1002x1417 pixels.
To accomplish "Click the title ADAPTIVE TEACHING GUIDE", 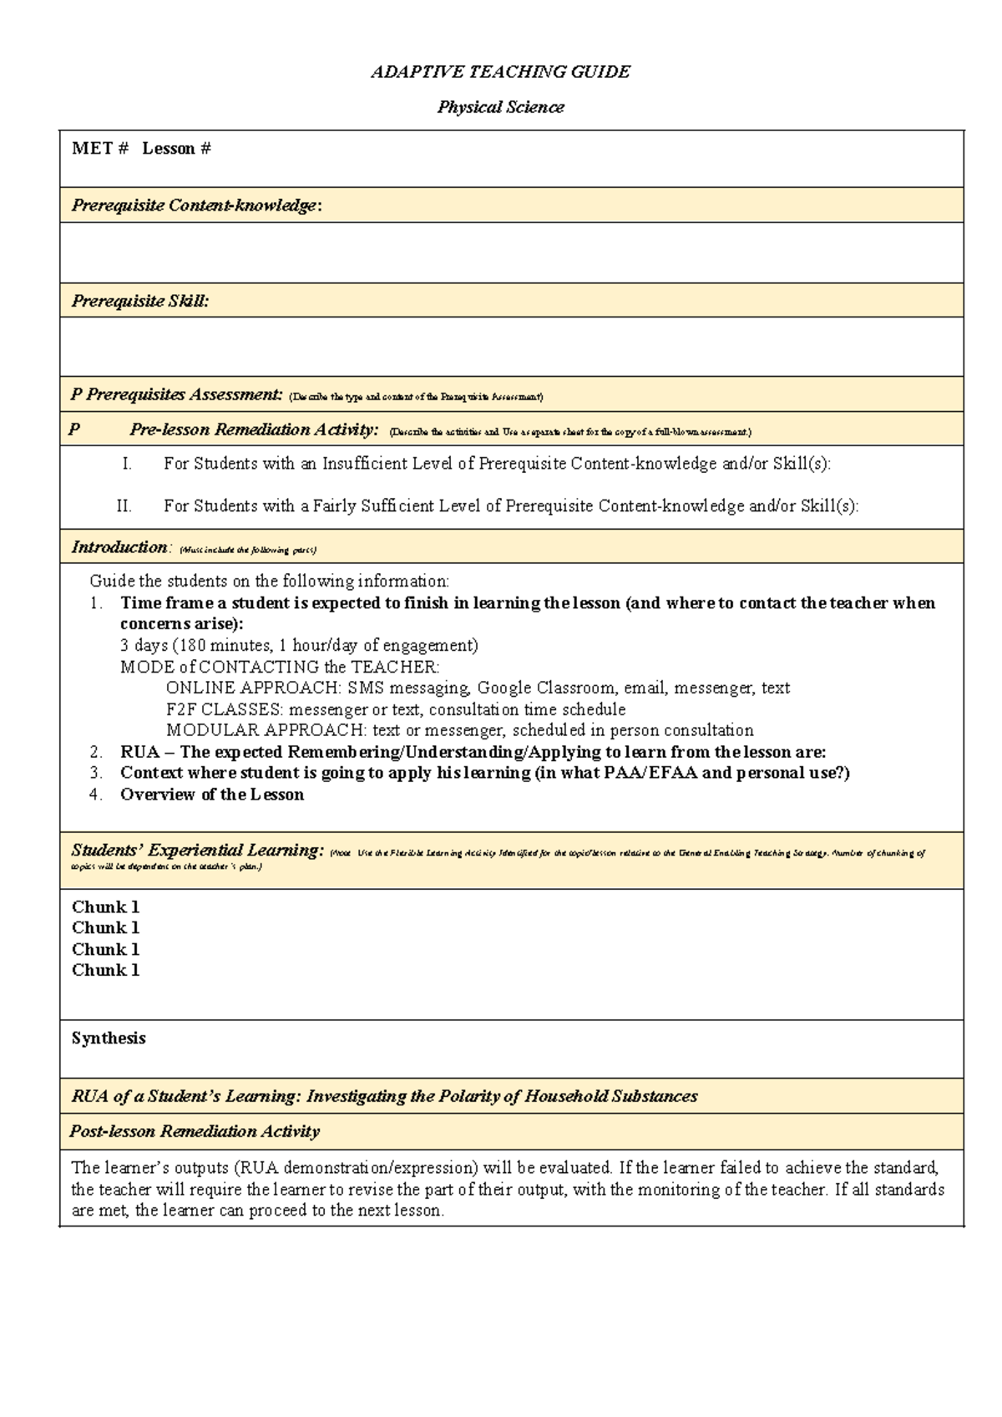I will click(x=500, y=72).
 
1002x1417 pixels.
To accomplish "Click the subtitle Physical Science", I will click(x=500, y=107).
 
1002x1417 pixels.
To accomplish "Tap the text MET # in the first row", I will click(x=100, y=149).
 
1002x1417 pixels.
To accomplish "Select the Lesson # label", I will click(x=176, y=149).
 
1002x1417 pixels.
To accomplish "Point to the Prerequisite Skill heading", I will click(x=140, y=301).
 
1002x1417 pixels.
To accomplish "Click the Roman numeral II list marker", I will click(x=124, y=505).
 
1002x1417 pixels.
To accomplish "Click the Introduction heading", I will click(x=119, y=547).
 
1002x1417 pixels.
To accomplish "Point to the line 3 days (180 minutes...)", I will click(x=299, y=645).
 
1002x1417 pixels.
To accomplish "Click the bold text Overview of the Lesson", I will click(x=212, y=795).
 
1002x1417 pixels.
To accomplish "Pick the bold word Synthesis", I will click(x=109, y=1038).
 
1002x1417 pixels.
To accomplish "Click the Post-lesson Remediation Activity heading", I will click(x=195, y=1131).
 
